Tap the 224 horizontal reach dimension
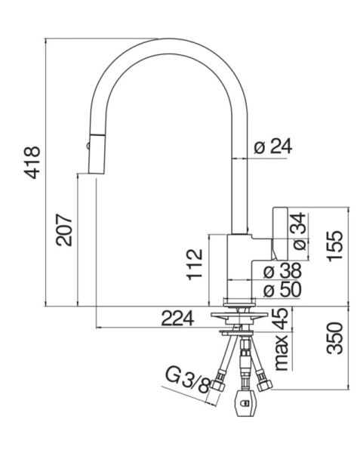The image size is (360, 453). click(x=178, y=319)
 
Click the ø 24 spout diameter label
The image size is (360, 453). click(x=272, y=147)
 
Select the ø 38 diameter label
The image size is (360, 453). click(x=282, y=270)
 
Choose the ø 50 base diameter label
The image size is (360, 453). click(x=282, y=289)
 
